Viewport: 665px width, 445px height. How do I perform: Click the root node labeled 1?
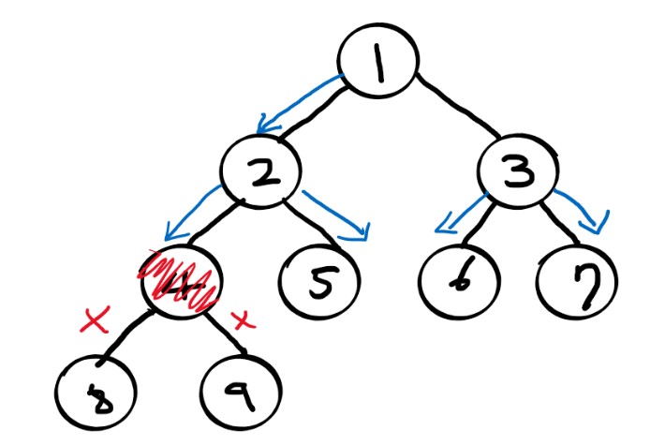click(x=377, y=68)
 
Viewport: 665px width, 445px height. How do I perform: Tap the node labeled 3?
click(x=517, y=171)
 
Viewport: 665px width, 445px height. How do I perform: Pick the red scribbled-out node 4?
click(x=181, y=279)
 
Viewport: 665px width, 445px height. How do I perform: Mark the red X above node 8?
click(x=96, y=321)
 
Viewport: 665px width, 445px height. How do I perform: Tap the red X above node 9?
click(x=243, y=320)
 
